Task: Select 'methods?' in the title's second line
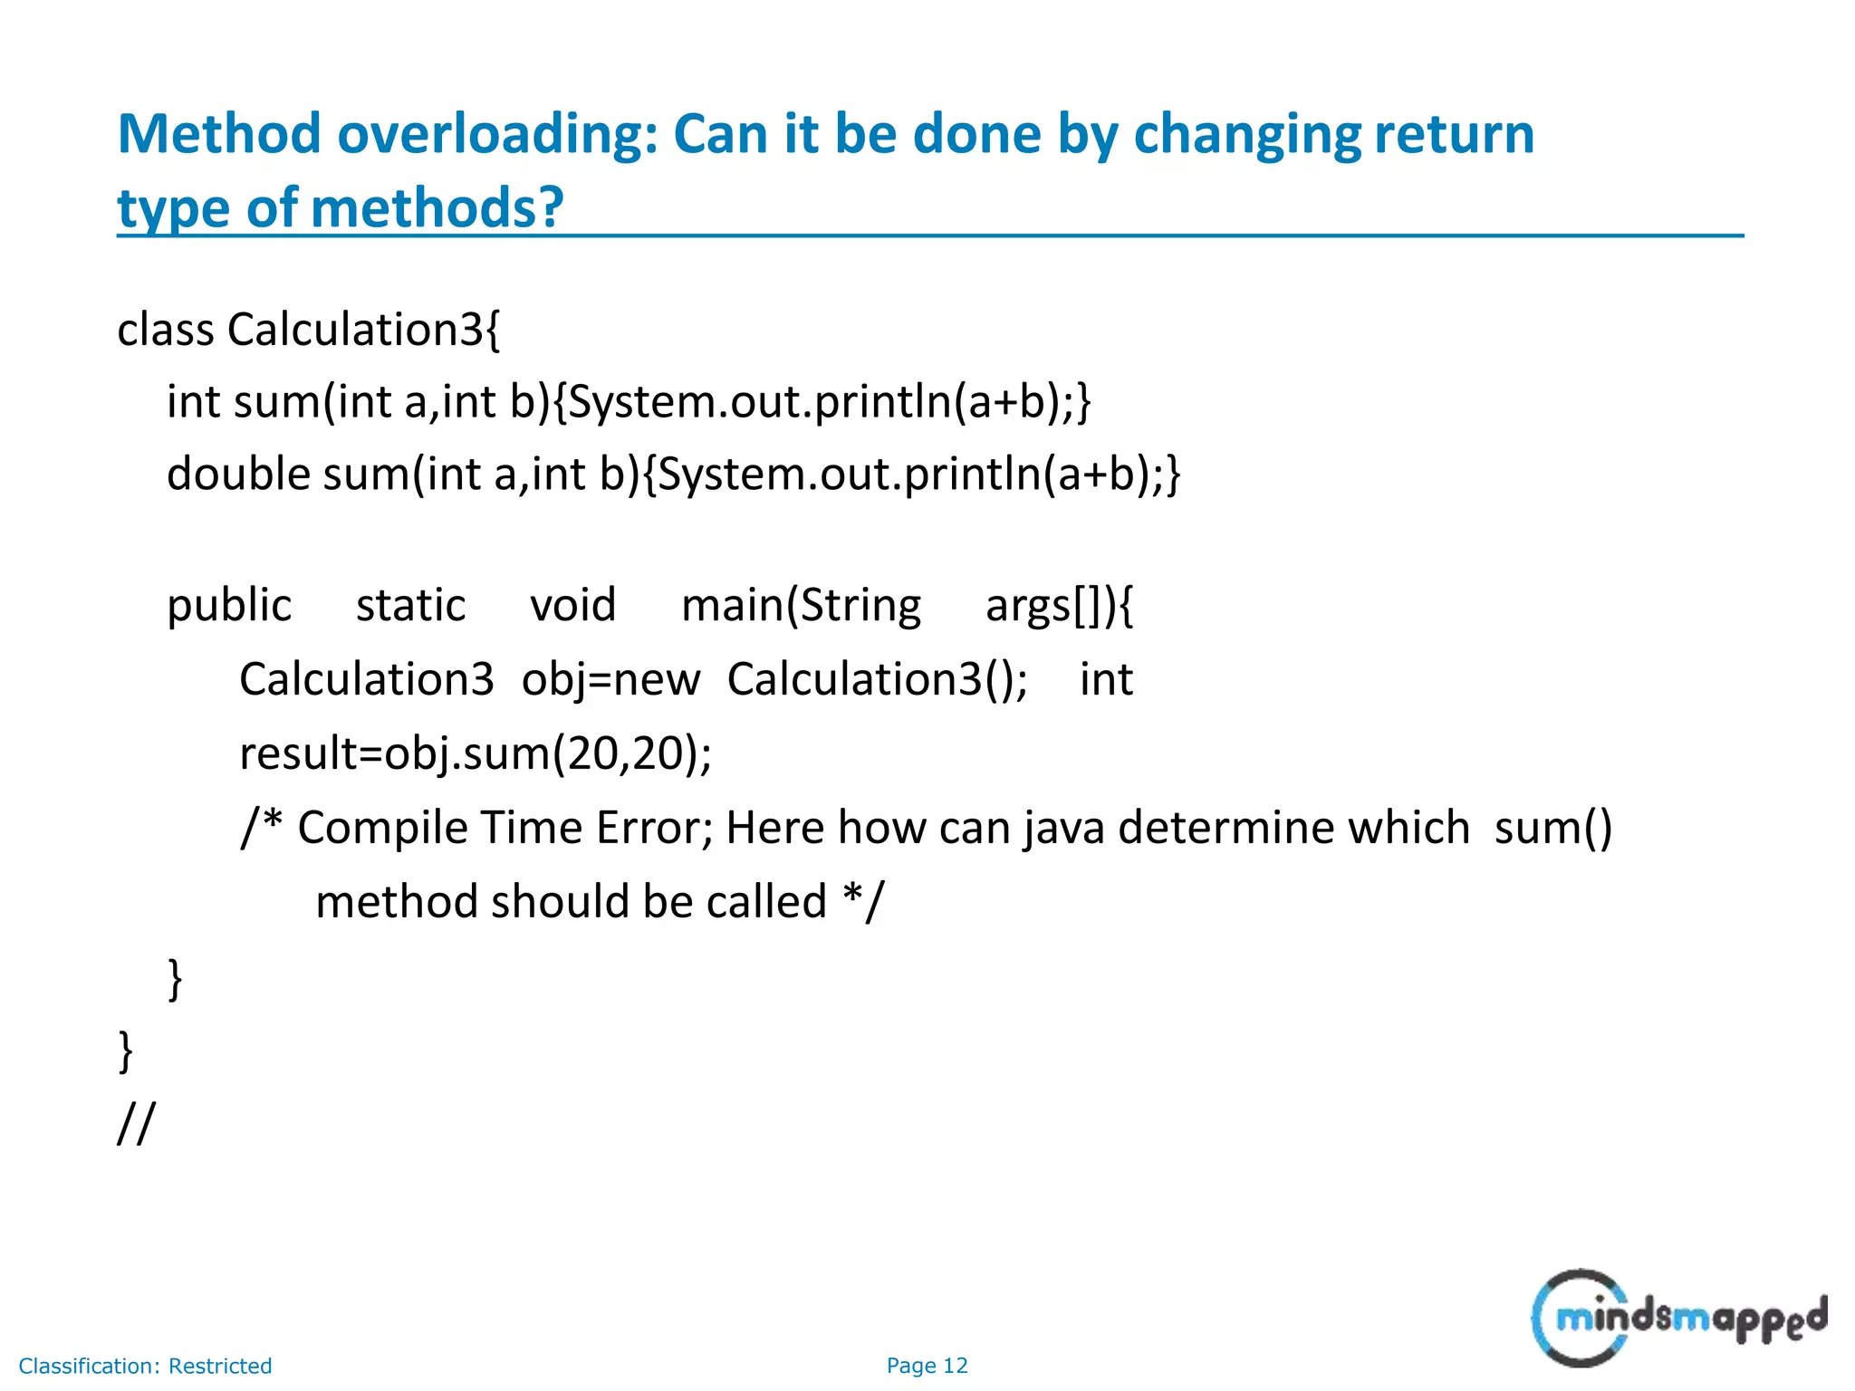click(437, 208)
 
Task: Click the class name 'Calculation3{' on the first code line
click(363, 330)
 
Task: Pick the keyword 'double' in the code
click(239, 475)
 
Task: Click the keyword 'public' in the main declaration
click(229, 606)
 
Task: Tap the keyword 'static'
click(410, 606)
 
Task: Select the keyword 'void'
click(572, 606)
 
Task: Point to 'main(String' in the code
click(801, 606)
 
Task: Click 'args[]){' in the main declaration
click(1059, 606)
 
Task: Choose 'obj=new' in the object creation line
click(610, 680)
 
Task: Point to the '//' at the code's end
click(136, 1124)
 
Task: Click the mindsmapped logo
click(1678, 1318)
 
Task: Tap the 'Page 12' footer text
click(927, 1366)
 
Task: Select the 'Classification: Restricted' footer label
click(145, 1366)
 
